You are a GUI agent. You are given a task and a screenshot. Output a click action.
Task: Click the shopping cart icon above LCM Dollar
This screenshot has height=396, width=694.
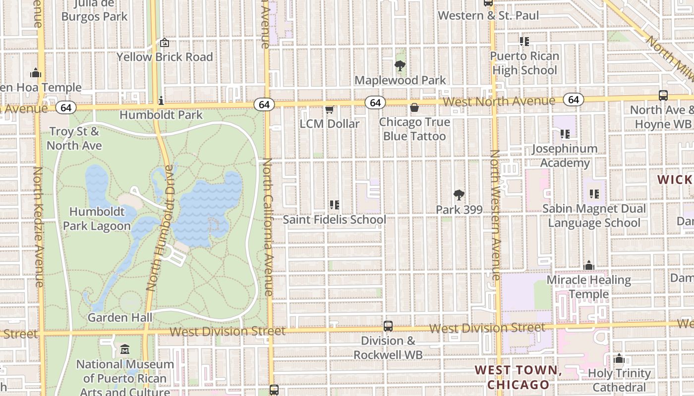coord(329,109)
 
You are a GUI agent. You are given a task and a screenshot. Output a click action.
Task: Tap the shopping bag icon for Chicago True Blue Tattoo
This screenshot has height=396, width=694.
coord(414,107)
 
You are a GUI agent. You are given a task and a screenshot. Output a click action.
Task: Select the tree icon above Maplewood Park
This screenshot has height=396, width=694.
coord(400,65)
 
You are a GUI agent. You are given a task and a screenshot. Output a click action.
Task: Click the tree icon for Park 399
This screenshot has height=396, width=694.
coord(459,195)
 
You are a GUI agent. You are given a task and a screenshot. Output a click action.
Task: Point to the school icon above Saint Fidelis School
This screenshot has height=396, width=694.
coord(334,204)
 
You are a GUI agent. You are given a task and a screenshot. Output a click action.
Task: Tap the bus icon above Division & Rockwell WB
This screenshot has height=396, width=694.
coord(388,326)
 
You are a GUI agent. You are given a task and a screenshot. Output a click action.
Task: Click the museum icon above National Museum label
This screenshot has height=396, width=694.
coord(125,349)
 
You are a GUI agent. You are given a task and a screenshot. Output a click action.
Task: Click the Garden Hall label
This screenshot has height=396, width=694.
coord(120,317)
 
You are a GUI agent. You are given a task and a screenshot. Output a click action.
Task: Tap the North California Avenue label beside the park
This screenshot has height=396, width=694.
coord(267,228)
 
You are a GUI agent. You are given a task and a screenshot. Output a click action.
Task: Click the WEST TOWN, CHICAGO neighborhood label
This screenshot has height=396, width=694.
coord(518,377)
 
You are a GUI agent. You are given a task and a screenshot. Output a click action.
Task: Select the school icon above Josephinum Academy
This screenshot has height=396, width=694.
coord(565,134)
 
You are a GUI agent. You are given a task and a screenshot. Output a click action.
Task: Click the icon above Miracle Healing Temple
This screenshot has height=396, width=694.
coord(588,266)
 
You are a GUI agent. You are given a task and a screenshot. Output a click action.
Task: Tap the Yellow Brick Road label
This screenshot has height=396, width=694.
coord(165,57)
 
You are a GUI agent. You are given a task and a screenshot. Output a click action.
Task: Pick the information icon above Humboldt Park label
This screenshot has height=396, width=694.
coord(161,101)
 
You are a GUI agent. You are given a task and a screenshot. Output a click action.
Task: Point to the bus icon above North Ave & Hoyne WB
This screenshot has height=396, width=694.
coord(663,96)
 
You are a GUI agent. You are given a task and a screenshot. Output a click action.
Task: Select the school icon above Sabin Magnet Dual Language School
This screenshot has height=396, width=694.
coord(594,194)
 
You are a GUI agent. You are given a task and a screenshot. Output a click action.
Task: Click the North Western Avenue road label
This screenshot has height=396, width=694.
coord(495,215)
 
